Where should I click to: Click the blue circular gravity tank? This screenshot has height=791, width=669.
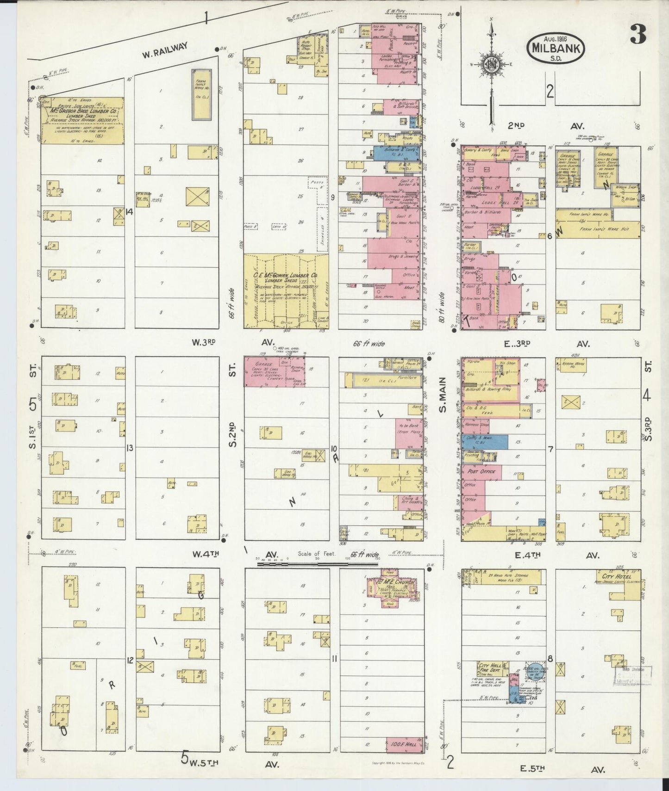[536, 669]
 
